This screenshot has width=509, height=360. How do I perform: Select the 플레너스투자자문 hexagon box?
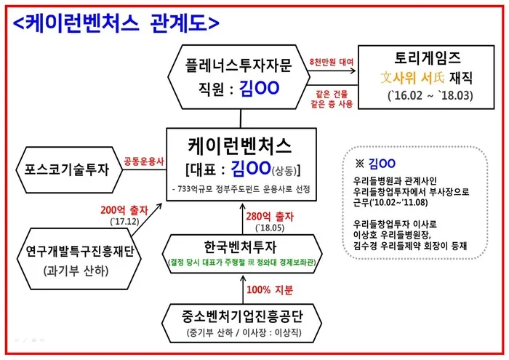coord(239,76)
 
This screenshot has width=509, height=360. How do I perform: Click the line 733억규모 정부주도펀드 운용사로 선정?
coord(239,189)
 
